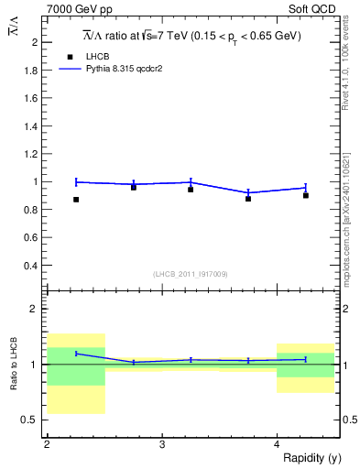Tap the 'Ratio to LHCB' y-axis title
(x=14, y=365)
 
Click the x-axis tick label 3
(x=161, y=443)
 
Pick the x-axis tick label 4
(x=277, y=443)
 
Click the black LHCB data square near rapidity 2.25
(x=76, y=199)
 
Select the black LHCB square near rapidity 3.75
(x=248, y=199)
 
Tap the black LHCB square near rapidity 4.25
(x=306, y=195)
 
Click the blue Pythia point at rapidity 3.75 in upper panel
(x=248, y=192)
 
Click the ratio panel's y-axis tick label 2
(x=36, y=310)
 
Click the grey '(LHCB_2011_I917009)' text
(x=190, y=274)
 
